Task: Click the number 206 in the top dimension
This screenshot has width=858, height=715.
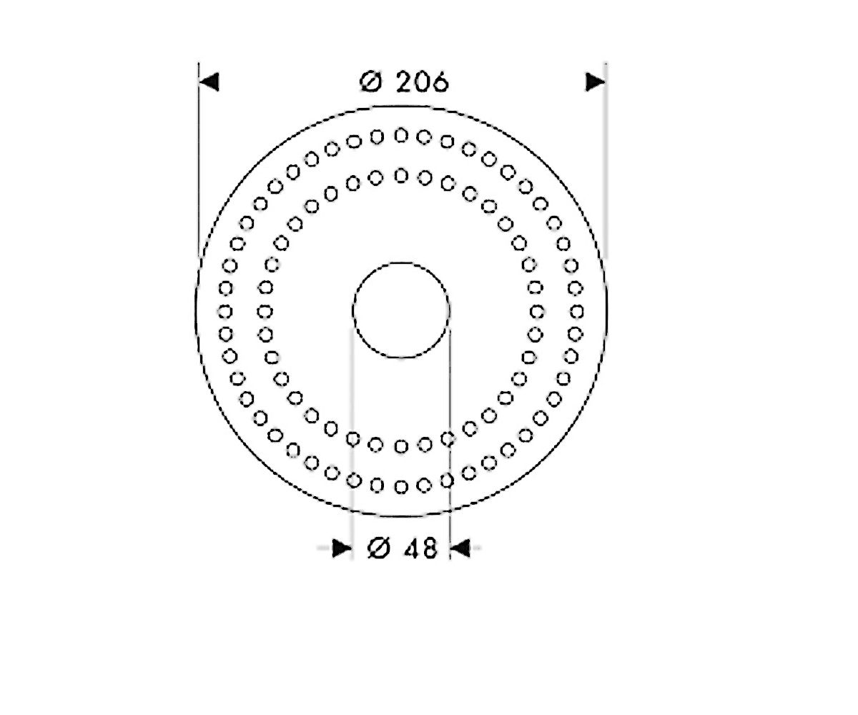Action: click(x=423, y=82)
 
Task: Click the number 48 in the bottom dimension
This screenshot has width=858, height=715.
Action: click(x=421, y=548)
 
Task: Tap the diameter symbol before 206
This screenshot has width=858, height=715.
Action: click(x=370, y=82)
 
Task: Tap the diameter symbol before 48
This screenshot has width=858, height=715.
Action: click(x=378, y=548)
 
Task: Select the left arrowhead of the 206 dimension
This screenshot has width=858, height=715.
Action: click(x=209, y=82)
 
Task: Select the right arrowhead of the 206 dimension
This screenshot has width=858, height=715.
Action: click(x=596, y=82)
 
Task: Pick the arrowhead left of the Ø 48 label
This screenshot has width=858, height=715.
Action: click(x=342, y=548)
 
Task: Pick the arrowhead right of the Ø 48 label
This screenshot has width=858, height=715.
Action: click(x=460, y=548)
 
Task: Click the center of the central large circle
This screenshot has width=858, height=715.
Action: click(x=401, y=310)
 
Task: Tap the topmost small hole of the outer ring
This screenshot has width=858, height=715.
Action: click(x=401, y=135)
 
